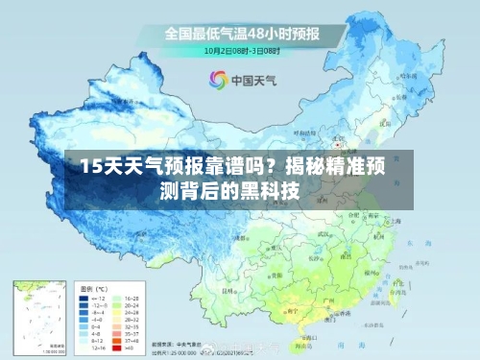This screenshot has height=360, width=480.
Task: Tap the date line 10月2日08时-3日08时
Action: click(x=241, y=50)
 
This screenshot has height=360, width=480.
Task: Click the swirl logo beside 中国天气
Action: click(x=219, y=82)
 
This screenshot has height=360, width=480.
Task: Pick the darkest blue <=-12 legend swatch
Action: click(x=84, y=298)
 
